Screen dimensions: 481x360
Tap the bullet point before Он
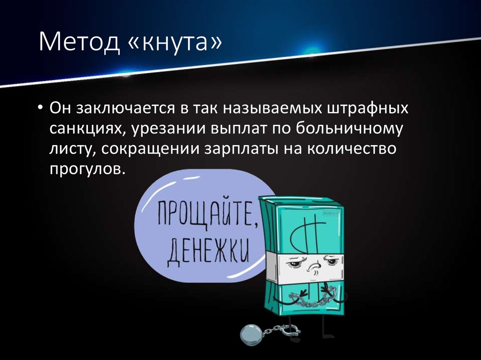pyautogui.click(x=40, y=108)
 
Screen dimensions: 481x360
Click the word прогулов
pyautogui.click(x=88, y=169)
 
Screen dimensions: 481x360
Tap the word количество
pyautogui.click(x=351, y=148)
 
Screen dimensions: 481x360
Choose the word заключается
pyautogui.click(x=126, y=109)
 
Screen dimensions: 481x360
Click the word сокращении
pyautogui.click(x=150, y=149)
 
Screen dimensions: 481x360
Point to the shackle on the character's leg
pyautogui.click(x=289, y=330)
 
